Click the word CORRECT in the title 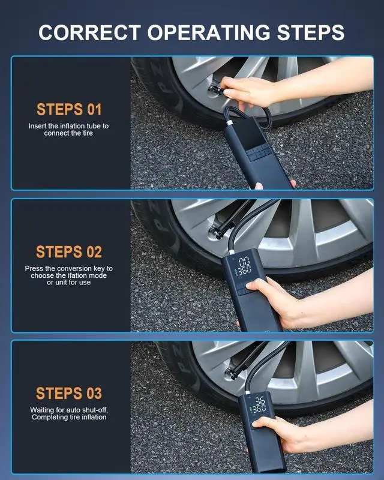[90, 32]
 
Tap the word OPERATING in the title [209, 32]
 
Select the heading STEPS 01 [69, 110]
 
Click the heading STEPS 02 [69, 252]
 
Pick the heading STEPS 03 [69, 394]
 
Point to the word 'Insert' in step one [37, 126]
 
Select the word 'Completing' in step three [47, 417]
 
